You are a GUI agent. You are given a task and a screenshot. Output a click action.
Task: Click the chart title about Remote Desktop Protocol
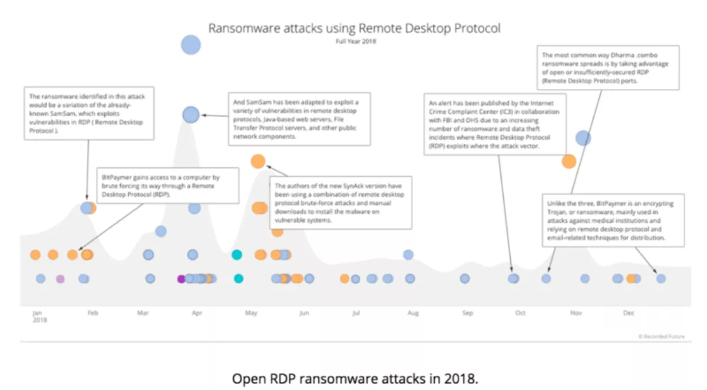[355, 28]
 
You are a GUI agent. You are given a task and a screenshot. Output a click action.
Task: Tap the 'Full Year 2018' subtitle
[355, 41]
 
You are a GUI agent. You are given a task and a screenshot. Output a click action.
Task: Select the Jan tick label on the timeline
[37, 313]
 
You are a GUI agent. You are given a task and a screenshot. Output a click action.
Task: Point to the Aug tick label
[412, 313]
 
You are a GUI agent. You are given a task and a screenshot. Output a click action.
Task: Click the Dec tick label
[629, 313]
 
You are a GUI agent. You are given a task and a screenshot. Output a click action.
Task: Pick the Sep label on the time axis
[467, 313]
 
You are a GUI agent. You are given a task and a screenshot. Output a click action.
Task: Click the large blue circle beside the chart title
[190, 45]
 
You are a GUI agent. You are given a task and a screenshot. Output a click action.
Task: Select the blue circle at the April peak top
[190, 114]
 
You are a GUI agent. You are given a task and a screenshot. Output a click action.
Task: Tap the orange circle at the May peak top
[257, 161]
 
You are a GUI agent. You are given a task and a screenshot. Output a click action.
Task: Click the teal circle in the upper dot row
[236, 255]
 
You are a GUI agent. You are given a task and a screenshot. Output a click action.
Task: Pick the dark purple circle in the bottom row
[181, 279]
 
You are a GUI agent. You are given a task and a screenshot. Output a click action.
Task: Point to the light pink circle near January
[60, 279]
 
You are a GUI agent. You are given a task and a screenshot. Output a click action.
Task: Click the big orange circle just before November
[569, 161]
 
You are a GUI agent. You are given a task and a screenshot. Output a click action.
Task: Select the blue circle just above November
[583, 138]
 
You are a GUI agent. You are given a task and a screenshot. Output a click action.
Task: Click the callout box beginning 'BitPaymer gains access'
[167, 186]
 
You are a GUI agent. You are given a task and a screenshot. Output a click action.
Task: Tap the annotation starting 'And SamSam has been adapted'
[299, 119]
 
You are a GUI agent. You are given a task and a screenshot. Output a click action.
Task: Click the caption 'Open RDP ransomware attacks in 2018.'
[355, 378]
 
